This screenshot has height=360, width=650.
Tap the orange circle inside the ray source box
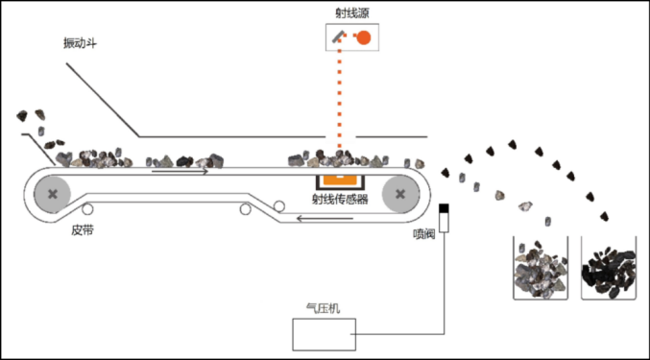[x=364, y=37]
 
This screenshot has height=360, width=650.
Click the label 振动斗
[x=80, y=43]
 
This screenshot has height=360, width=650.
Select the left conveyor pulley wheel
[x=52, y=195]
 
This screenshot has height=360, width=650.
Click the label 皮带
[x=83, y=230]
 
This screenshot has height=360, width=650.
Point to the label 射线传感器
[x=341, y=200]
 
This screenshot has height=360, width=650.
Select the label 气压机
[x=322, y=309]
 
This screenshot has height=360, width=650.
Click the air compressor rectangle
[x=323, y=333]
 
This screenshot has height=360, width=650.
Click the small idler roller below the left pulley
[x=87, y=211]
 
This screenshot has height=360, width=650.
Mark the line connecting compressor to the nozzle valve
[x=445, y=288]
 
